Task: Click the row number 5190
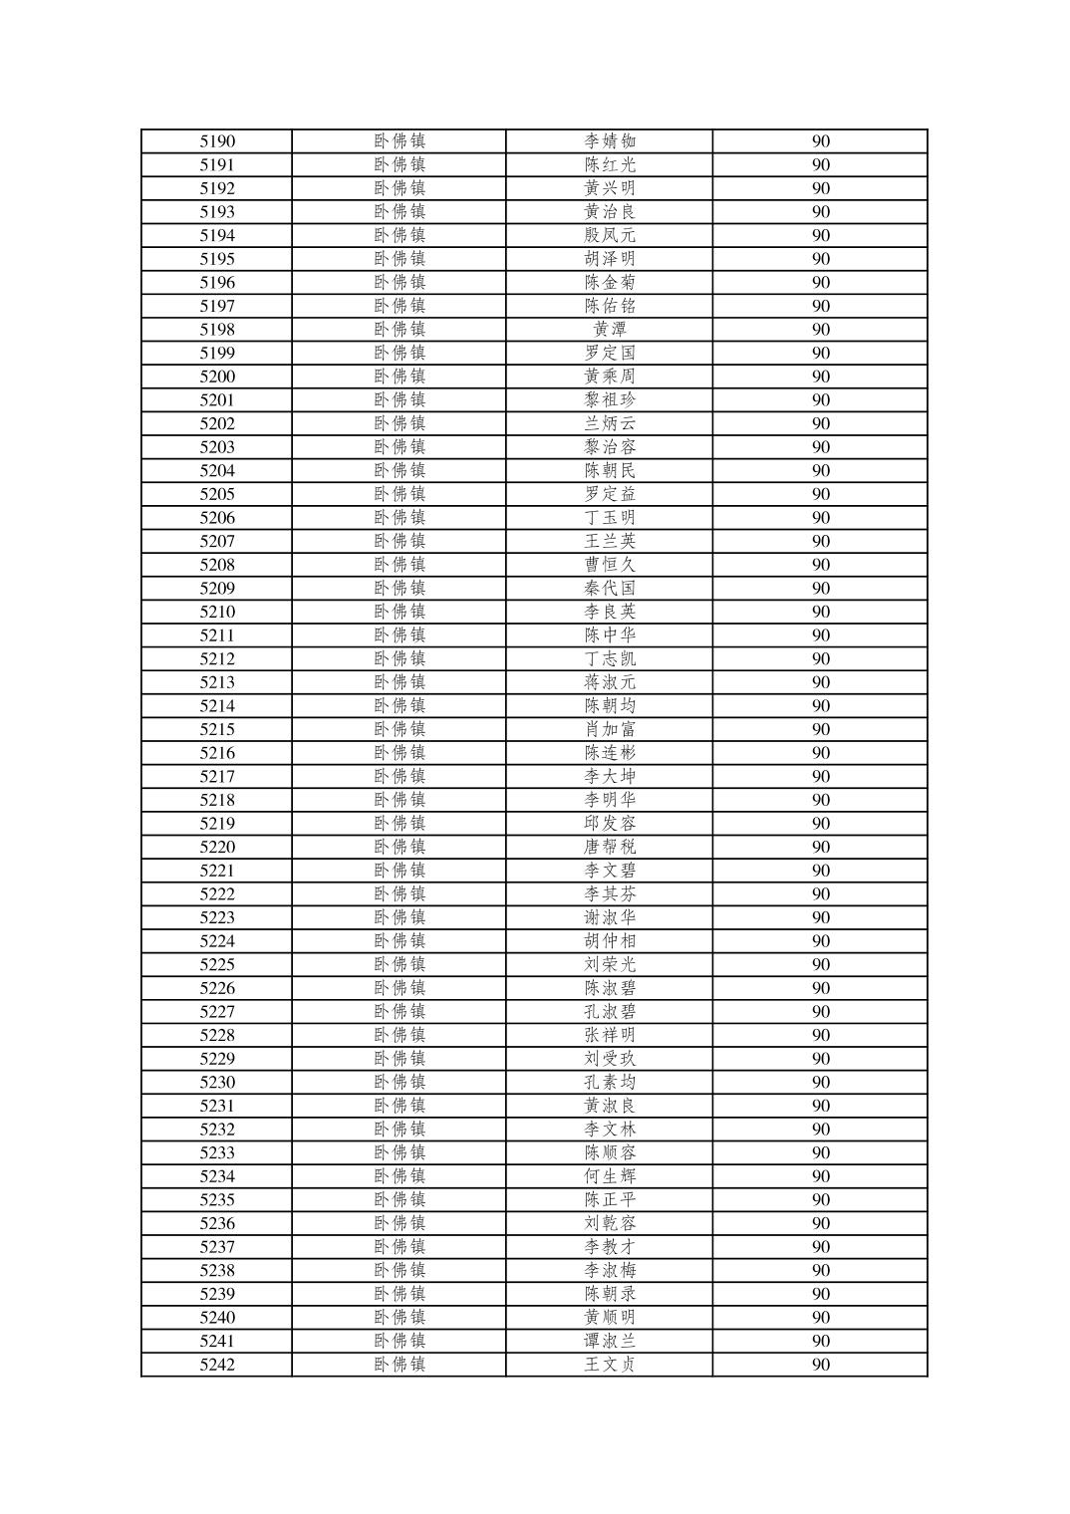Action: pyautogui.click(x=217, y=141)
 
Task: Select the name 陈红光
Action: pyautogui.click(x=610, y=165)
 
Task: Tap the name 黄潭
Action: pyautogui.click(x=610, y=330)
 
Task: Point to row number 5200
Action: pyautogui.click(x=217, y=377)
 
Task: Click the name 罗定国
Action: pyautogui.click(x=610, y=354)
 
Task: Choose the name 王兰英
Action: pyautogui.click(x=610, y=542)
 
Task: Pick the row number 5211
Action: pyautogui.click(x=217, y=635)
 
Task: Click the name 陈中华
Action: pyautogui.click(x=610, y=635)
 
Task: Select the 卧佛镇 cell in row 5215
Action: pyautogui.click(x=400, y=730)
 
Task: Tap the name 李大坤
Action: pyautogui.click(x=610, y=777)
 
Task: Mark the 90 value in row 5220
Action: pyautogui.click(x=820, y=848)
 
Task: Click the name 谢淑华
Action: pyautogui.click(x=610, y=918)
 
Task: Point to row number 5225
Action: pyautogui.click(x=217, y=965)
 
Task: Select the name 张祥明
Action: pyautogui.click(x=610, y=1036)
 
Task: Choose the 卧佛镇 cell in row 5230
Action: pyautogui.click(x=400, y=1083)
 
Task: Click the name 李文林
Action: pyautogui.click(x=610, y=1130)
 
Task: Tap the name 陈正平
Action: pyautogui.click(x=610, y=1200)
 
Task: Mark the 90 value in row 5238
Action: pyautogui.click(x=820, y=1271)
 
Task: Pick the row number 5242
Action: pyautogui.click(x=217, y=1365)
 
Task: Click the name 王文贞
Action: pyautogui.click(x=610, y=1365)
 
